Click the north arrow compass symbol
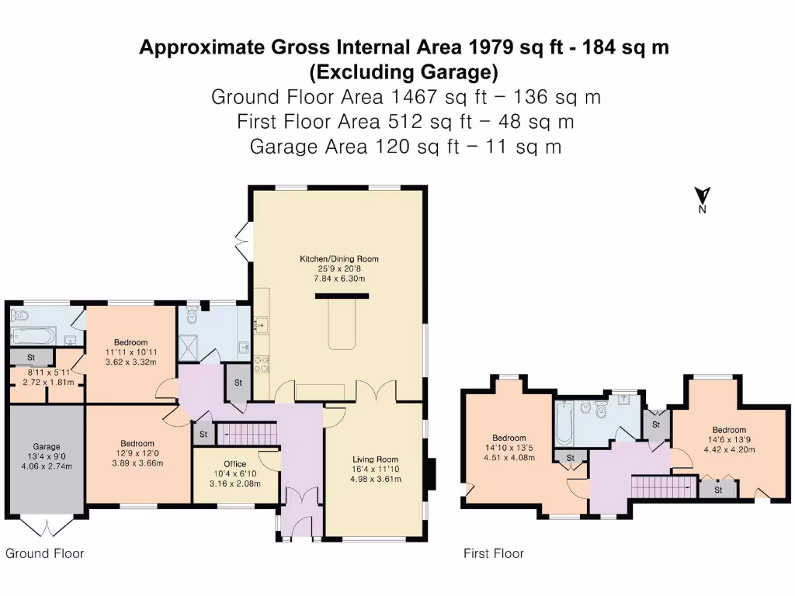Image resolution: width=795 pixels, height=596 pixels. coord(702,199)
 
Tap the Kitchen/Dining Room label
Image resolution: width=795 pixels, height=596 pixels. coord(339,259)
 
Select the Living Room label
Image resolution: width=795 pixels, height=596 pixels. coord(375,459)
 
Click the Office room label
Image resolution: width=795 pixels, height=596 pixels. coord(234,464)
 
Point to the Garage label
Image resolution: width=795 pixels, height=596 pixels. coord(47,446)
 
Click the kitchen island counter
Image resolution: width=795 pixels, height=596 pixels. coord(342,324)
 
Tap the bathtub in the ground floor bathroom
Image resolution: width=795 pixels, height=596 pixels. coord(32,335)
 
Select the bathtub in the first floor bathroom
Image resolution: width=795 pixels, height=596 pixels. coord(564,423)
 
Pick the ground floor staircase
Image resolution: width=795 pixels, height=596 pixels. coord(247,435)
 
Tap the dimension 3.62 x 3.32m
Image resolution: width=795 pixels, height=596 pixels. coord(130,362)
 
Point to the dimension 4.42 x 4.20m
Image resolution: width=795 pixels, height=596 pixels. coord(729,449)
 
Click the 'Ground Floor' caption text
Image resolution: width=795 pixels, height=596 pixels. coord(44,553)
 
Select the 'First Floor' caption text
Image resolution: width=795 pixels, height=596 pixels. coord(494,553)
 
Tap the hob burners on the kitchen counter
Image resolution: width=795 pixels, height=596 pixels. coord(262,364)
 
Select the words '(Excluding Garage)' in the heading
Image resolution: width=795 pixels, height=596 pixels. coord(404,72)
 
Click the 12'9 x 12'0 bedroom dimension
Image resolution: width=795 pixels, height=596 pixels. coord(137,453)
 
